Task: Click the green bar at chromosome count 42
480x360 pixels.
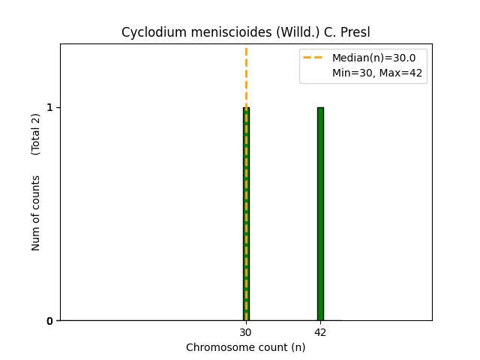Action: pyautogui.click(x=320, y=214)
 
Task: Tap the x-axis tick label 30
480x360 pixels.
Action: pyautogui.click(x=246, y=332)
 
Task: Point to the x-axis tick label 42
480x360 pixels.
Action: pyautogui.click(x=320, y=332)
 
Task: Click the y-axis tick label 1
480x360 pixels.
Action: pyautogui.click(x=49, y=107)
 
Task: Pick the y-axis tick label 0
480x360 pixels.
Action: pyautogui.click(x=49, y=321)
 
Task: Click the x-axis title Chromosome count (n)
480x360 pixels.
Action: pyautogui.click(x=245, y=347)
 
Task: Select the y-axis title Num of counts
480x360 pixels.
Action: pyautogui.click(x=36, y=213)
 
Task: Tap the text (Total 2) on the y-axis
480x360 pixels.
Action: pyautogui.click(x=36, y=134)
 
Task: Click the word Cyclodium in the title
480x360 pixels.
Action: pyautogui.click(x=147, y=33)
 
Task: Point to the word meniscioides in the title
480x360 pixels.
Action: pyautogui.click(x=214, y=33)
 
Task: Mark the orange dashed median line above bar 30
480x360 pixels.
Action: pyautogui.click(x=246, y=75)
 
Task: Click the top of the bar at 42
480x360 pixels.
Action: pyautogui.click(x=320, y=108)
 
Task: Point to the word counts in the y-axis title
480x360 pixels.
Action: pyautogui.click(x=36, y=193)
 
